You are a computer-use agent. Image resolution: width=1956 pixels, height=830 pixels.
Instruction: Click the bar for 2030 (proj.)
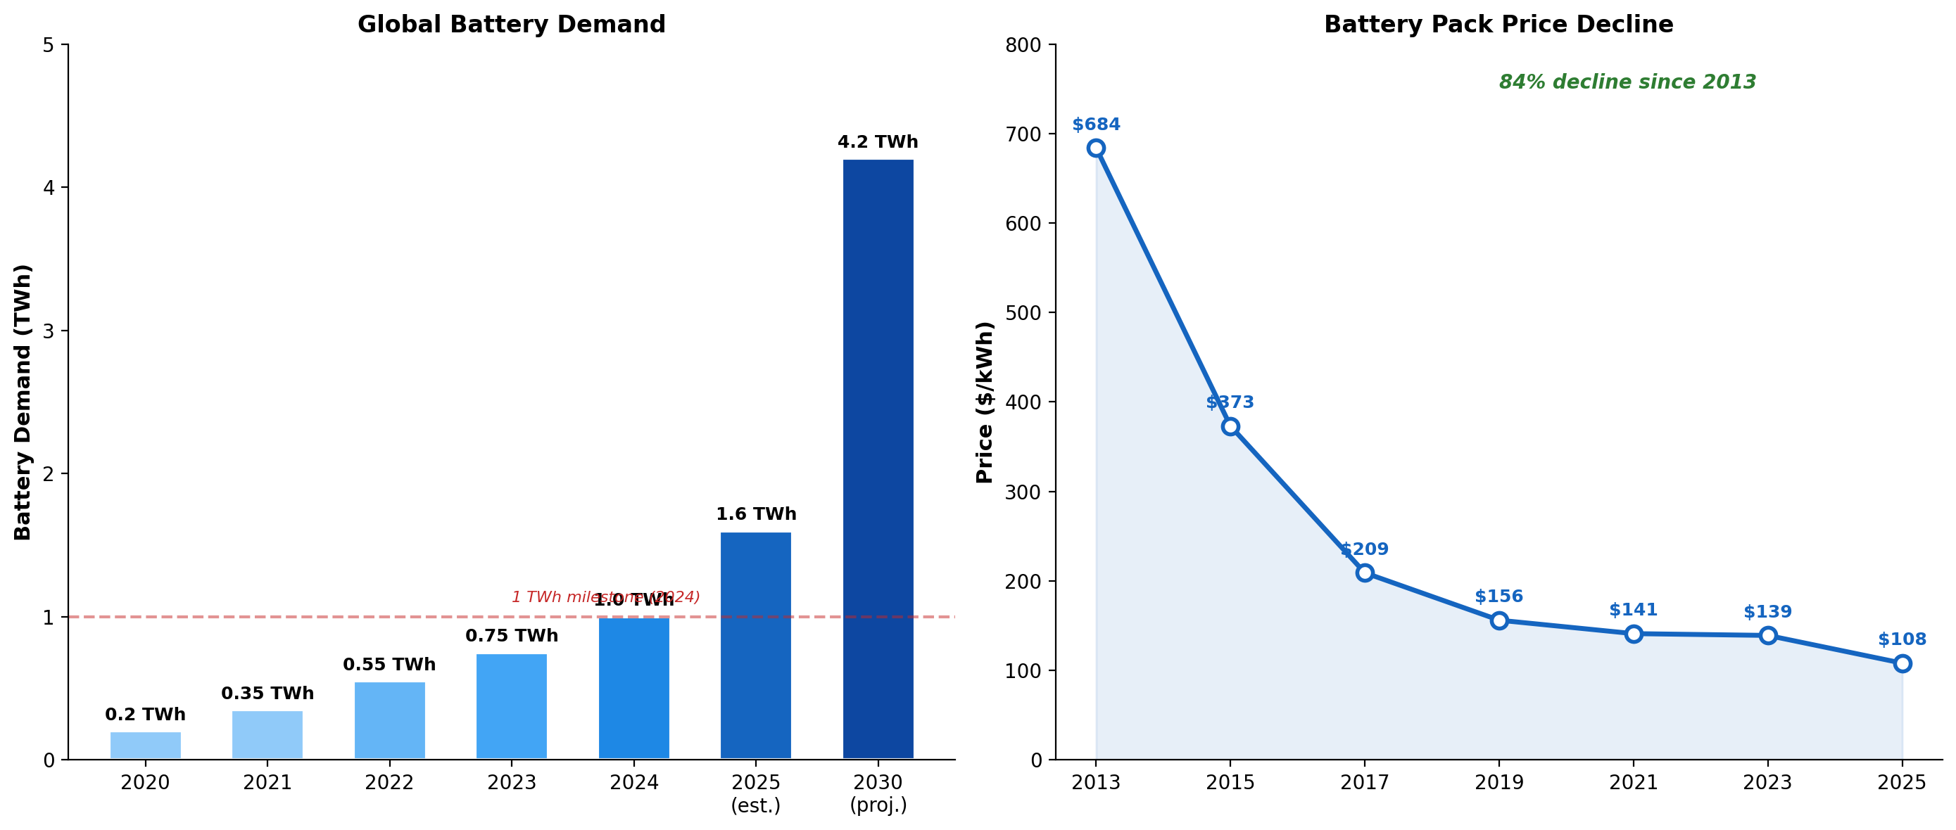[x=878, y=459]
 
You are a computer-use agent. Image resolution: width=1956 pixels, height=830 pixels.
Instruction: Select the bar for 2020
[x=145, y=745]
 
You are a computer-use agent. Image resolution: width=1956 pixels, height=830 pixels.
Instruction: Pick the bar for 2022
[x=389, y=720]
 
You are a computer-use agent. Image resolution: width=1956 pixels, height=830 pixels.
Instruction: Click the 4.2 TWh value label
[x=878, y=143]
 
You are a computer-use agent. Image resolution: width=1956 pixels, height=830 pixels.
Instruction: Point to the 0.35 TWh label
[x=267, y=694]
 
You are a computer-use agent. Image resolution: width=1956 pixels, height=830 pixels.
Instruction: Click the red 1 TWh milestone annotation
[x=605, y=597]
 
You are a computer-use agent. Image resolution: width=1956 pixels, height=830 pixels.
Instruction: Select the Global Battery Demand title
[x=511, y=25]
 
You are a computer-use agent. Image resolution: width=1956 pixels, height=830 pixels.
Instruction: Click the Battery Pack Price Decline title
[x=1498, y=25]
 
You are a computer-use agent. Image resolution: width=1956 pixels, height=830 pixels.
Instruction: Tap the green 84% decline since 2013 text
[x=1627, y=82]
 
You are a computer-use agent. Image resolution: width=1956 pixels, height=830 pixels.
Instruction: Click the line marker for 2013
[x=1096, y=148]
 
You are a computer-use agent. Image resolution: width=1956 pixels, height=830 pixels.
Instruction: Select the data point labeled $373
[x=1230, y=426]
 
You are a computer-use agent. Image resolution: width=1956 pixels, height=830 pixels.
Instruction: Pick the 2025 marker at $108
[x=1902, y=663]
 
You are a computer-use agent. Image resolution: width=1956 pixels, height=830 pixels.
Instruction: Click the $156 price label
[x=1498, y=596]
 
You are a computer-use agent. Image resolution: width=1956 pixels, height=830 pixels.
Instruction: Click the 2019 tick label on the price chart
[x=1498, y=783]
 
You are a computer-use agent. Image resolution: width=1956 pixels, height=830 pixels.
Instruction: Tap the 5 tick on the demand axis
[x=49, y=46]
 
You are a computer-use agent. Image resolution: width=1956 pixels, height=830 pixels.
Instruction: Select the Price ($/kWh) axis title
[x=985, y=402]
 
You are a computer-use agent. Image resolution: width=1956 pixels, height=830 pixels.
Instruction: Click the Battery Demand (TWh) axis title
[x=23, y=402]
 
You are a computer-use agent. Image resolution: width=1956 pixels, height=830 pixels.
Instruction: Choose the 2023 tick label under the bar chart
[x=511, y=783]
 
